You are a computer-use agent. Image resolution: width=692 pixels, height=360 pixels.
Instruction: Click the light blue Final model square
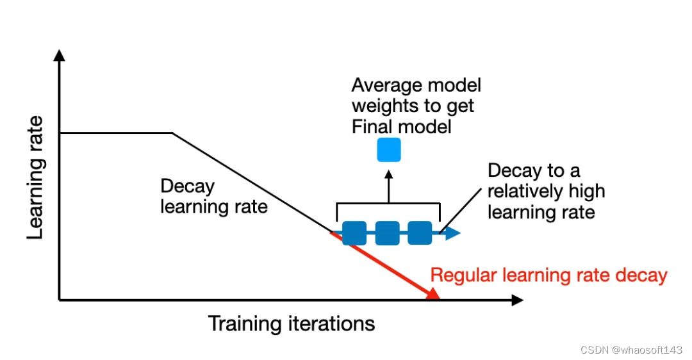(388, 149)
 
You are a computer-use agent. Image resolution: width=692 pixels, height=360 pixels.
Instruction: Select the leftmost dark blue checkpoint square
(354, 233)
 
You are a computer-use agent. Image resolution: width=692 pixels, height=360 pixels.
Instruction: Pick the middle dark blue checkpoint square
(387, 233)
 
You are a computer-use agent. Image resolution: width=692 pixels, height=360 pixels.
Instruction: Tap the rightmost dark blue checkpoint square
(420, 233)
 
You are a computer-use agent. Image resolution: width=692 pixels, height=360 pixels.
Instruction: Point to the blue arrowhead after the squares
(453, 233)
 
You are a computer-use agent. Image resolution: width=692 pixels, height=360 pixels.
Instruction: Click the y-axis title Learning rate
(36, 177)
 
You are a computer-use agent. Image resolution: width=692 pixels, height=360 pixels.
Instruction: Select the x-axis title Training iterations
(292, 323)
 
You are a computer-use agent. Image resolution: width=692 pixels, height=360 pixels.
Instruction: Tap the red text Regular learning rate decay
(548, 275)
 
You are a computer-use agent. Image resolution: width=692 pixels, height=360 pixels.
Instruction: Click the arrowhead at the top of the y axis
(60, 56)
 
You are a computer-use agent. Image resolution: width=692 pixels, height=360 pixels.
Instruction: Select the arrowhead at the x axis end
(518, 300)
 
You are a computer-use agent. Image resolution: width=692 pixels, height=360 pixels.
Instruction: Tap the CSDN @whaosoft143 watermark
(631, 350)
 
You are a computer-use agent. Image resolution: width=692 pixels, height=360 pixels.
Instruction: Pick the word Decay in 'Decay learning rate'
(187, 186)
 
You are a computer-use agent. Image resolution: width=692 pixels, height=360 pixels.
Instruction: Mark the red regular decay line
(384, 264)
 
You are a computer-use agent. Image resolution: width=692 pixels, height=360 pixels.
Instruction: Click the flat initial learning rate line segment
(115, 133)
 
